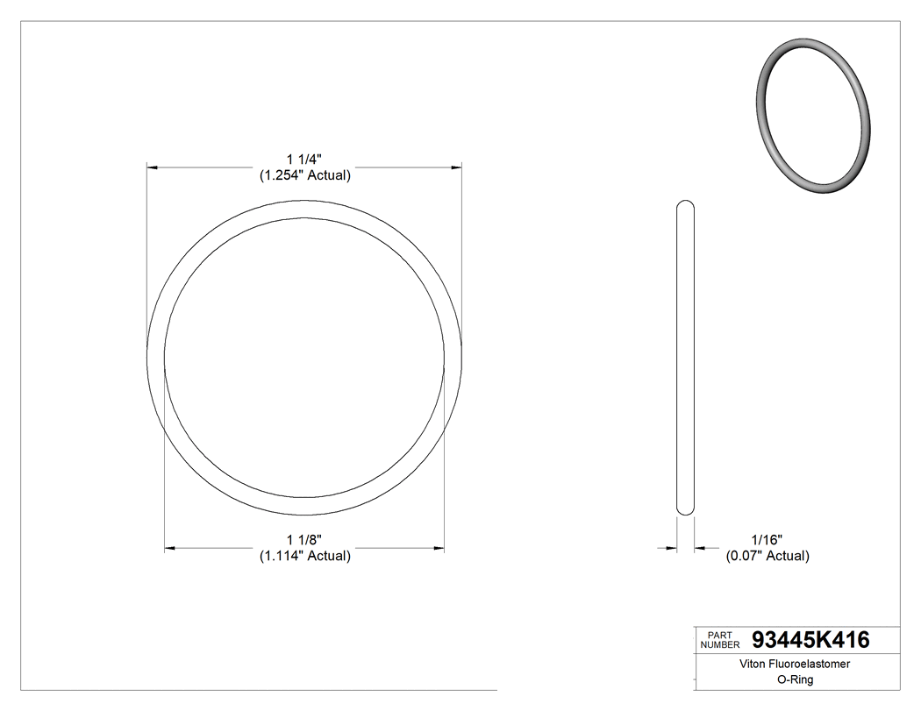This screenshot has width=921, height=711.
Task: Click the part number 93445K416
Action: coord(810,640)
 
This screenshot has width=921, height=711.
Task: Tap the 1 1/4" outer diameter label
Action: coord(304,159)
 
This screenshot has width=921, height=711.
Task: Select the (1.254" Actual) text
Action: coord(304,175)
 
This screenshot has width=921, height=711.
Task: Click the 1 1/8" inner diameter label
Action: coord(304,539)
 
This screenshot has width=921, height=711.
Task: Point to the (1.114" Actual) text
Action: coord(304,556)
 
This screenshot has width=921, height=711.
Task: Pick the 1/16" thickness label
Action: coord(767,539)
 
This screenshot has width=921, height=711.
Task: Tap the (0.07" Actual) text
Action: coord(767,556)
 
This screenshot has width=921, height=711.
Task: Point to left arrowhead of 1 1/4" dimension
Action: coord(152,166)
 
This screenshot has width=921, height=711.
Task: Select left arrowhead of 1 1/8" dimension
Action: coord(171,549)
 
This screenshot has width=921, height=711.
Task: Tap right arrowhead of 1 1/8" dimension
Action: coord(438,549)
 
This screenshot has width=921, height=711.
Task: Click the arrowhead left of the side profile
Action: coord(671,549)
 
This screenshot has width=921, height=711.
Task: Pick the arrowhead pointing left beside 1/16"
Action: coord(701,549)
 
